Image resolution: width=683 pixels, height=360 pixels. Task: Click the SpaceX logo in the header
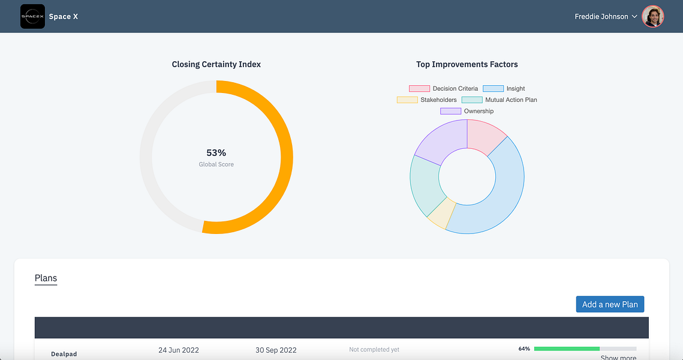click(x=32, y=17)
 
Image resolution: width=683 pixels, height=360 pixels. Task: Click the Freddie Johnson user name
click(x=601, y=17)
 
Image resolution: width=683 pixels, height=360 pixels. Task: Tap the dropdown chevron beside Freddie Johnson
click(x=634, y=17)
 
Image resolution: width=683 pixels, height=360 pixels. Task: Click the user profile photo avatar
click(x=652, y=17)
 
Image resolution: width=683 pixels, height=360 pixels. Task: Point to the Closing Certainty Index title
click(x=216, y=65)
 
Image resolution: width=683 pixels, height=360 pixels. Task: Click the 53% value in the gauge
click(x=216, y=152)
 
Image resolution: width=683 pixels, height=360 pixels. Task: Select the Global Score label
click(x=216, y=164)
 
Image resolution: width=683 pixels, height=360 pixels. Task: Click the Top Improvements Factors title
click(x=467, y=65)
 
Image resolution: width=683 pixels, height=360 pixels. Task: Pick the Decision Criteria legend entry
click(x=443, y=88)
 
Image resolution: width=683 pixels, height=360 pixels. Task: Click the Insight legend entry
click(x=504, y=88)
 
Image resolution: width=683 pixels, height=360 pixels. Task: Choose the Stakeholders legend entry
click(x=427, y=100)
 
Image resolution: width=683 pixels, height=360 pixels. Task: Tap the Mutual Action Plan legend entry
click(x=499, y=100)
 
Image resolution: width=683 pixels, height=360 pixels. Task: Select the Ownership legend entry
click(x=467, y=111)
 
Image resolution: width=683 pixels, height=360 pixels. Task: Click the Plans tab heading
click(x=46, y=278)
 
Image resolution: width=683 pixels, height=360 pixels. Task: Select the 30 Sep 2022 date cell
click(x=276, y=350)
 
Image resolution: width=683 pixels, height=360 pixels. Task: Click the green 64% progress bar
click(x=567, y=349)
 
